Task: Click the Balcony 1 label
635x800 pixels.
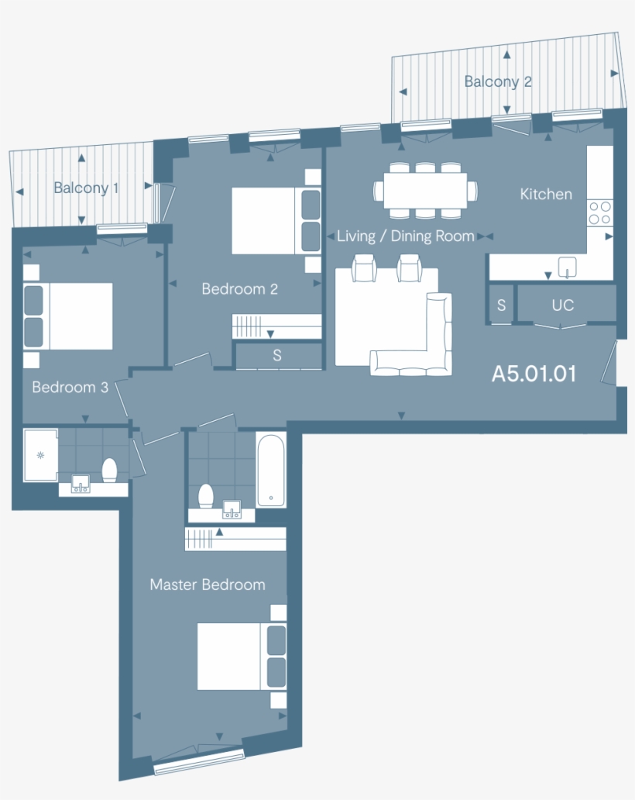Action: click(86, 188)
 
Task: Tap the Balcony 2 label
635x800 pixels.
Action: click(498, 81)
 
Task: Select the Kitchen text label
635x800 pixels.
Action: click(546, 194)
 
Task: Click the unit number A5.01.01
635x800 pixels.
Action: click(534, 374)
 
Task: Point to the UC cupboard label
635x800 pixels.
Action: click(563, 305)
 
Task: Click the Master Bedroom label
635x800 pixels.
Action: click(208, 584)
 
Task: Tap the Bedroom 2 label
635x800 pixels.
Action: click(239, 289)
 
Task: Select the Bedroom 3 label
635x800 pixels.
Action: click(70, 387)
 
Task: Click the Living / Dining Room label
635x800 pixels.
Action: click(406, 236)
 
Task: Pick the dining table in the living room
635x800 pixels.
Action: click(425, 190)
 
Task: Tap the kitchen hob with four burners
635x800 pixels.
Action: click(599, 212)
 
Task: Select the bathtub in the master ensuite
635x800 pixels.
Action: click(270, 470)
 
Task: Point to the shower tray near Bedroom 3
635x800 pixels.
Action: click(40, 455)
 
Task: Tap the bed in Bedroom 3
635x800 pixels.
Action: click(69, 316)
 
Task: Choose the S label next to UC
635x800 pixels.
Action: click(501, 305)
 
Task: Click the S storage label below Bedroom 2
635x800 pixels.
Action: click(277, 356)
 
